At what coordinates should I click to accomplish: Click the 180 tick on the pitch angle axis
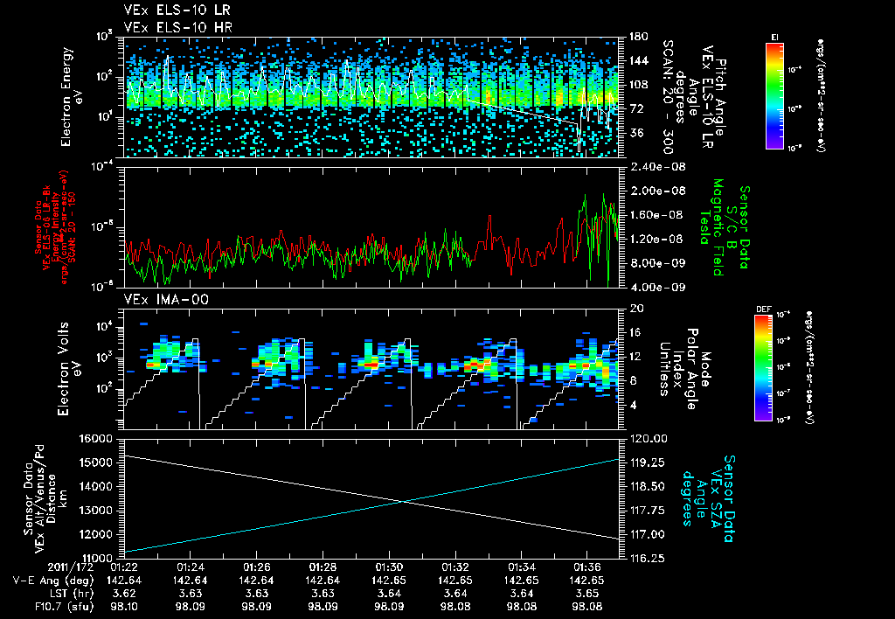pyautogui.click(x=637, y=37)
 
